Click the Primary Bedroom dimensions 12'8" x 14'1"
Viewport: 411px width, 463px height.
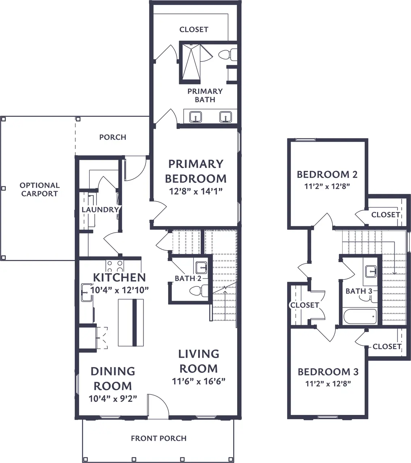tap(196, 191)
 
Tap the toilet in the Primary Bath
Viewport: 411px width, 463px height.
tap(228, 55)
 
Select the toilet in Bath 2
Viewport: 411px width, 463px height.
tap(199, 291)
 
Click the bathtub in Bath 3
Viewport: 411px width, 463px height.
tap(360, 317)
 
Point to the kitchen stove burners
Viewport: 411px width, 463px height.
tap(115, 266)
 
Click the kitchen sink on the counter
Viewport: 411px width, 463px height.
tap(87, 293)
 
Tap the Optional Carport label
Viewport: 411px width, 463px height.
tap(39, 190)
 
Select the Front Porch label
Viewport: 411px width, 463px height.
tap(159, 438)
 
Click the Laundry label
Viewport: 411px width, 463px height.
tap(100, 209)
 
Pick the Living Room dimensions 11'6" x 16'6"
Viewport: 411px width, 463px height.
tap(198, 381)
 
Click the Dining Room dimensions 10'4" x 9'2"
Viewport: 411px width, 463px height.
tap(113, 399)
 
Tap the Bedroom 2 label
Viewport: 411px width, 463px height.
tap(327, 175)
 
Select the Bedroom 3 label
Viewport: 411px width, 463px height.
tap(328, 372)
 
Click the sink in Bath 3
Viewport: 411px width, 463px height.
tap(371, 272)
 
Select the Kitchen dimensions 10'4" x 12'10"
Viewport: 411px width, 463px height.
tap(120, 290)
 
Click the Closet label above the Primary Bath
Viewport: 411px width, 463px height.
tap(194, 30)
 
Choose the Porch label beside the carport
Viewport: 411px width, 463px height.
tap(113, 137)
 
